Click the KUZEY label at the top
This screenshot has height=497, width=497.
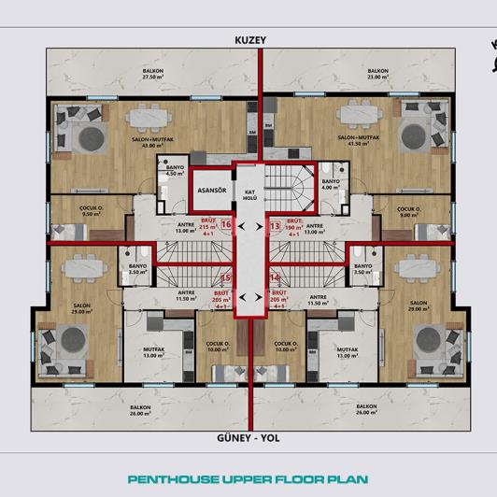point(250,40)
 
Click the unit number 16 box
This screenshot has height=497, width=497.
point(225,224)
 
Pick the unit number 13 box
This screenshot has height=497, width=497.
point(274,225)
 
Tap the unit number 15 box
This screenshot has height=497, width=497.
point(225,277)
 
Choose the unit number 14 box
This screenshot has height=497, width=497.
point(275,277)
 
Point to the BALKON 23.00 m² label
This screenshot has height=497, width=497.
point(377,74)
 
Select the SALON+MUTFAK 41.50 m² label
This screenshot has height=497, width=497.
point(354,141)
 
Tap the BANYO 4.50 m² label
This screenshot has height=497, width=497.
point(174,170)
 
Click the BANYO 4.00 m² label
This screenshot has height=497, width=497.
point(331,183)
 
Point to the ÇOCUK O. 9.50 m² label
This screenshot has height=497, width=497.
point(64,211)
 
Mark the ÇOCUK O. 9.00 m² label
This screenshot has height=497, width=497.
point(409,211)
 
